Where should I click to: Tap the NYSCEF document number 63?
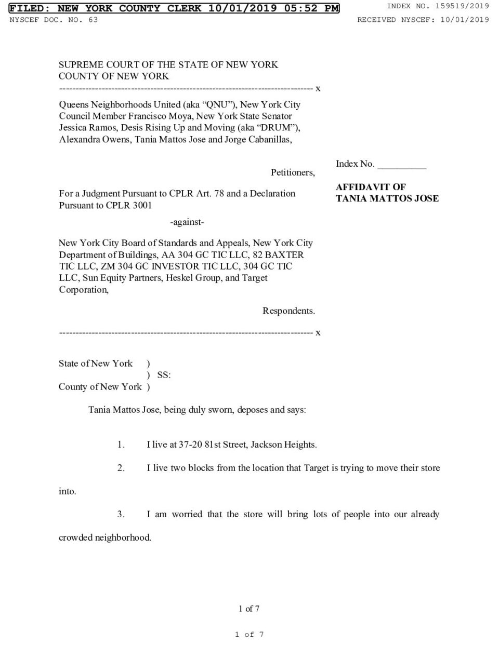[93, 20]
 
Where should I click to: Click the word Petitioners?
[292, 172]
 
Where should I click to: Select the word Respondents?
[288, 311]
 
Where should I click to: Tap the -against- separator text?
[187, 222]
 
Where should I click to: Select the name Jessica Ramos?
[81, 128]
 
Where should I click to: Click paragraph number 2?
[121, 468]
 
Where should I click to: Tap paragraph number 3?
[121, 514]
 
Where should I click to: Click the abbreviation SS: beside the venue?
[164, 375]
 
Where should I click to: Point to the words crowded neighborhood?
[105, 537]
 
